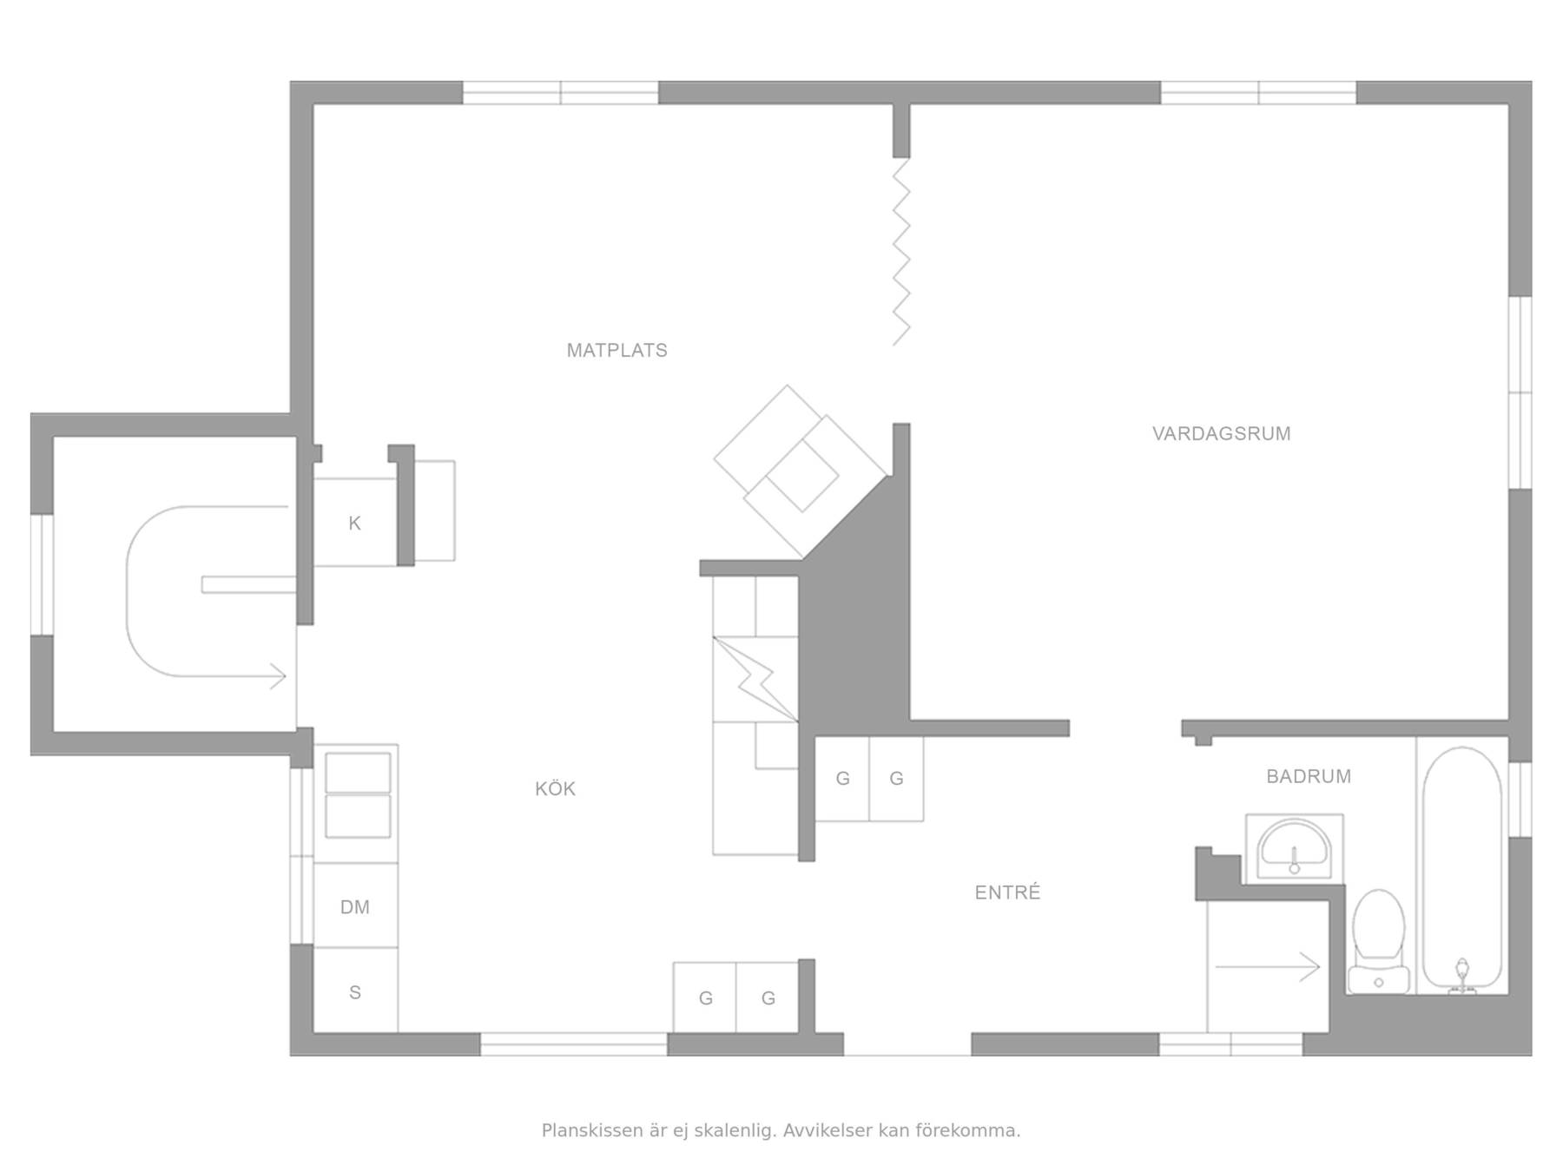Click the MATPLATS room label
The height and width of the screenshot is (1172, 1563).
pos(617,351)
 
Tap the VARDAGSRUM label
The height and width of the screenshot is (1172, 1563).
pos(1221,434)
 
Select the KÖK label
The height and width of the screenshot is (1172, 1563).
pos(555,788)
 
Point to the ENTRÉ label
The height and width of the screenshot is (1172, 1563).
pos(1007,892)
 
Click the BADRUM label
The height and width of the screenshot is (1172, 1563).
pos(1309,776)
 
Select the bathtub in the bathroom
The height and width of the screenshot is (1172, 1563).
pos(1461,868)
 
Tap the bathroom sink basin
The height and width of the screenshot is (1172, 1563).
pos(1294,848)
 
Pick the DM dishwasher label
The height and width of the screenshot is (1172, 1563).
pos(355,907)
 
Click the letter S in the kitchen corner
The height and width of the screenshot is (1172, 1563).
pos(355,992)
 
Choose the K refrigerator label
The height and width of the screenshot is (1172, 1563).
pos(354,523)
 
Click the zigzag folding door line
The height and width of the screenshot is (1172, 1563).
pos(901,252)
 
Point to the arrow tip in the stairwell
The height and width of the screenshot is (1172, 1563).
pos(286,676)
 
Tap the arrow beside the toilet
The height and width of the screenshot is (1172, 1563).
pos(1268,966)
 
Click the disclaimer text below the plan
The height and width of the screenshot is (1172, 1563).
pos(781,1130)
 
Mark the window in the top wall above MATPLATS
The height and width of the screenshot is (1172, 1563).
pos(561,93)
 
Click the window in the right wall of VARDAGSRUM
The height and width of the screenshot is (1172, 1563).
pos(1520,392)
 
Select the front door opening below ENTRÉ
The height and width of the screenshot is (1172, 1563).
pos(907,1044)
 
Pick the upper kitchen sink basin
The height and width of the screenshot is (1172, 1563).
pos(358,773)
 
